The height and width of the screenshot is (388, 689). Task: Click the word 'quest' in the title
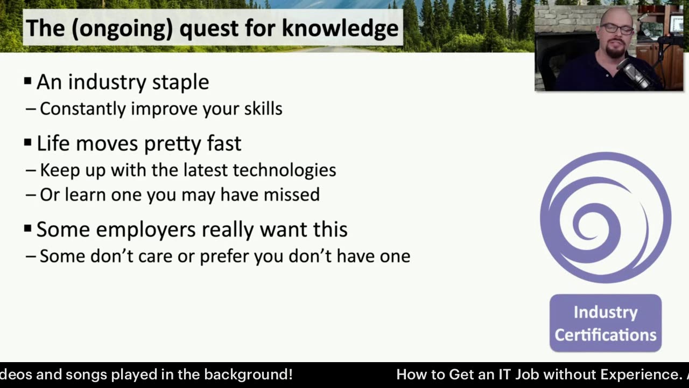209,29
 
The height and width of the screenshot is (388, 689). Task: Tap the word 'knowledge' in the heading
340,29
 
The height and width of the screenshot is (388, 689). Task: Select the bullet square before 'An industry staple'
27,81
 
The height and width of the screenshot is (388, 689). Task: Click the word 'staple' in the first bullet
180,82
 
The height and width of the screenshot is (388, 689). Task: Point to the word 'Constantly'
83,109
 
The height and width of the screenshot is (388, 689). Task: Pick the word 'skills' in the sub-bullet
263,108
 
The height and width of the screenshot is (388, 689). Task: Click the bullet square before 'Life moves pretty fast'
27,142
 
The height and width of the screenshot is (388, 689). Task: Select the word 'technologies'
284,170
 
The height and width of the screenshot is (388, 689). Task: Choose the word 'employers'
146,230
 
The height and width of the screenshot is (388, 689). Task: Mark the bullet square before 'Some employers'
27,228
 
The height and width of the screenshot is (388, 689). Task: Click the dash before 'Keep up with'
31,170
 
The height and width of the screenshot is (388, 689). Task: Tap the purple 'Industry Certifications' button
606,323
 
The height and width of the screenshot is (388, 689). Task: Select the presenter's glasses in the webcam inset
616,29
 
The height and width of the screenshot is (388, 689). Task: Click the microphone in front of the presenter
634,72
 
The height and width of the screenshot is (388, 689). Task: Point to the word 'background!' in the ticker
248,375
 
